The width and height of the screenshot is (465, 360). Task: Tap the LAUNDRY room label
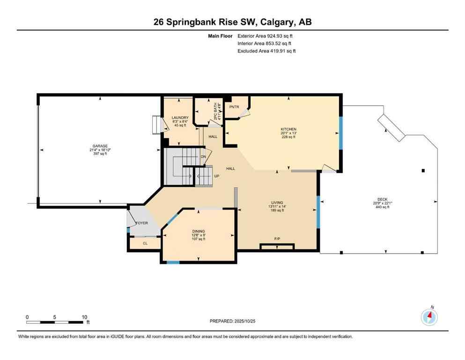click(x=180, y=118)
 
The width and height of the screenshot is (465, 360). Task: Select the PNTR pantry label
click(x=235, y=106)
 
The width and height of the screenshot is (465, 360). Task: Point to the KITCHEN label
click(x=288, y=129)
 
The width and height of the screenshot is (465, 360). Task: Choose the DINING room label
click(x=199, y=231)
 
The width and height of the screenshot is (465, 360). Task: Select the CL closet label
click(x=145, y=243)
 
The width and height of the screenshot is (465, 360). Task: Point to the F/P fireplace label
click(x=277, y=239)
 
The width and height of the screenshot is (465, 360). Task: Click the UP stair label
click(x=216, y=176)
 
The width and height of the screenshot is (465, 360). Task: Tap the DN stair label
click(x=203, y=157)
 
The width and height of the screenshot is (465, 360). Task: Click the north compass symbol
click(x=429, y=317)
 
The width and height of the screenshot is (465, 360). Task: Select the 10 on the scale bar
click(x=84, y=317)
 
